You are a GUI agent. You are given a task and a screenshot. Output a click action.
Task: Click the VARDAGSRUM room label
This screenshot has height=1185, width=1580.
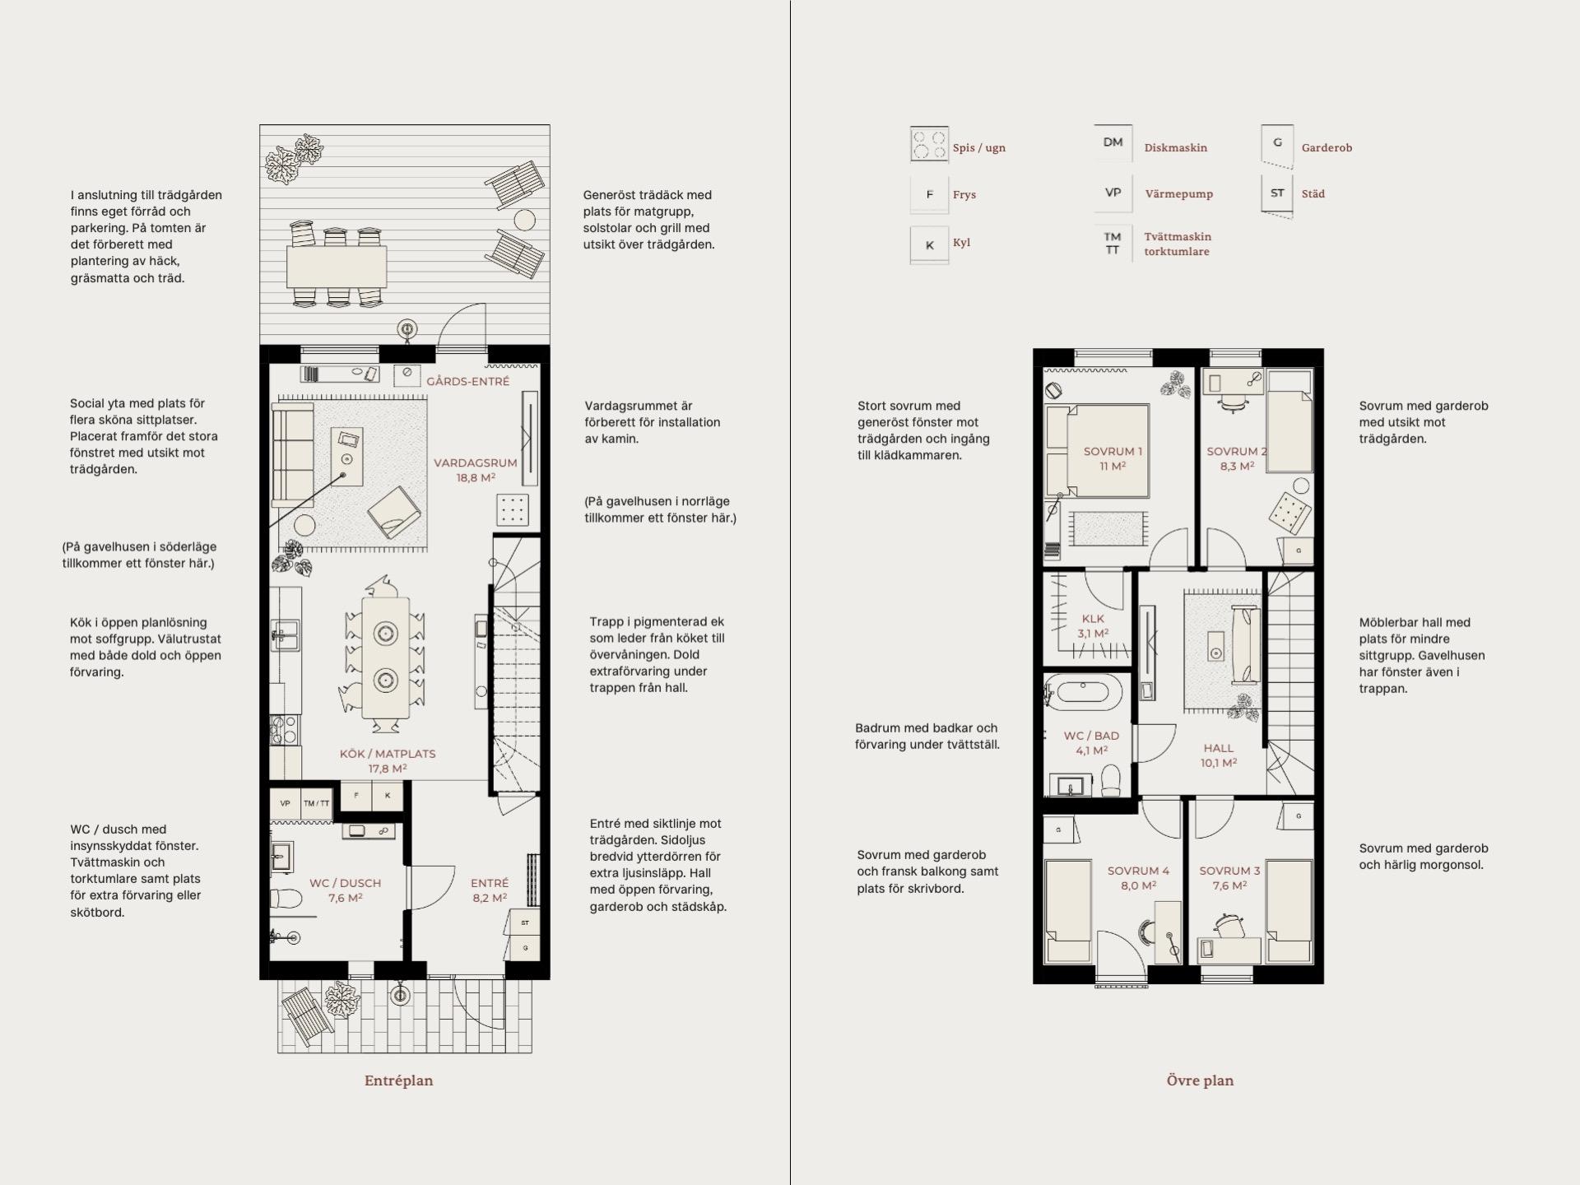point(476,462)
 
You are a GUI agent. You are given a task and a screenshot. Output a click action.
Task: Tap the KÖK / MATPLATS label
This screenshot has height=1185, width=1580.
point(388,754)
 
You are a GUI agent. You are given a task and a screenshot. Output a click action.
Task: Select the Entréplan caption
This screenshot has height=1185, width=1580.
point(398,1080)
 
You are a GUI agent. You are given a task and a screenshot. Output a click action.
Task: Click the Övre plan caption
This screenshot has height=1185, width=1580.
point(1200,1080)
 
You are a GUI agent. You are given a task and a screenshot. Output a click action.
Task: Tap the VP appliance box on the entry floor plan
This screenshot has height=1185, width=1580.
point(286,804)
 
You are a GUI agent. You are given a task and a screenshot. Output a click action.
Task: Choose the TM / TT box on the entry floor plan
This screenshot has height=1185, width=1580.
point(317,804)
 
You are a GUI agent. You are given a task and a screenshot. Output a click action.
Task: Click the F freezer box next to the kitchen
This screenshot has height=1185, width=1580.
point(356,796)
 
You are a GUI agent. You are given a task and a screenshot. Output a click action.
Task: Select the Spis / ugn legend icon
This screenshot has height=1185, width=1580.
point(929,146)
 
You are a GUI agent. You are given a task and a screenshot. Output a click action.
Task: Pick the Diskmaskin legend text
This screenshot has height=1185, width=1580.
point(1175,148)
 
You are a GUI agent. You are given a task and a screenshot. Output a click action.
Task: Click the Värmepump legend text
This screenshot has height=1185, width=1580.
point(1178,194)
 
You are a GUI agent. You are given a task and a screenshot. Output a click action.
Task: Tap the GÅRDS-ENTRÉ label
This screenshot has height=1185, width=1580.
point(467,382)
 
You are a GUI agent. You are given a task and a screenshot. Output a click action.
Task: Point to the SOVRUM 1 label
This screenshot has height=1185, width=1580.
point(1113,451)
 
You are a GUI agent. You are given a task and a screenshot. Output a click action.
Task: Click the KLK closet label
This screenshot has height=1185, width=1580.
point(1093,619)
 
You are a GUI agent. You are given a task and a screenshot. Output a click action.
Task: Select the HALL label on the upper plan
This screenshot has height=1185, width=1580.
point(1219,748)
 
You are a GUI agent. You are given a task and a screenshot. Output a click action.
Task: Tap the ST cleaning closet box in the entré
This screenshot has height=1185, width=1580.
point(525,922)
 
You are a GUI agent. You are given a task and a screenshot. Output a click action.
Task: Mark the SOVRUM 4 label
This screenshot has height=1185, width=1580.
point(1138,871)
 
